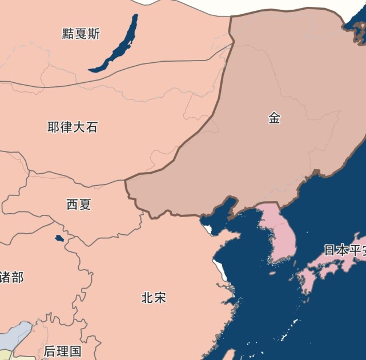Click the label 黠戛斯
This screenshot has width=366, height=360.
tap(81, 34)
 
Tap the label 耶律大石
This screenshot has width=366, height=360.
tap(73, 127)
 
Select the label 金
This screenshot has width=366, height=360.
tap(275, 118)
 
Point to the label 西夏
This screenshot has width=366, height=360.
tap(79, 204)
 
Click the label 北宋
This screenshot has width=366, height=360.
tap(154, 297)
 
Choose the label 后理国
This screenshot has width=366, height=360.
tap(63, 350)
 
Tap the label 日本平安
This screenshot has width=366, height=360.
tap(344, 250)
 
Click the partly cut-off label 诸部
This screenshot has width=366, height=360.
tap(11, 278)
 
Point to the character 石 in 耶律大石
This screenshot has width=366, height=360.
tap(91, 127)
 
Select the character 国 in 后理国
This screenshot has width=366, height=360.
tap(75, 350)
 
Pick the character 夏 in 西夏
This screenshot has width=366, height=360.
tap(85, 204)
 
